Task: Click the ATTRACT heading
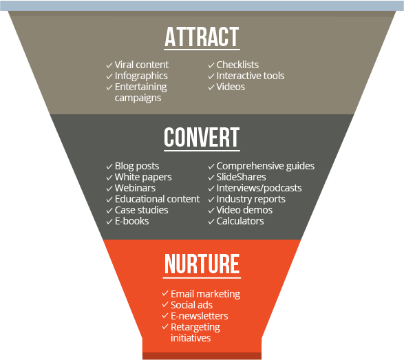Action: pos(202,37)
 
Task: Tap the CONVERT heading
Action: pos(202,138)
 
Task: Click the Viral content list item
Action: pos(142,65)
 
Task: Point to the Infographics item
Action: pos(141,76)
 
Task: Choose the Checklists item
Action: pos(237,65)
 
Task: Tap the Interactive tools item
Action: pos(251,76)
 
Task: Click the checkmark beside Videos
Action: pos(211,87)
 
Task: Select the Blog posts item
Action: pos(137,166)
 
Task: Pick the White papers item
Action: pos(143,178)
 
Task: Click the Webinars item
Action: pos(136,188)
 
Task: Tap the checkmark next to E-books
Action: pos(109,222)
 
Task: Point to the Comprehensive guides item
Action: pos(266,166)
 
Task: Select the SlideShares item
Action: pos(241,177)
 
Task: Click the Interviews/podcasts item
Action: pos(259,188)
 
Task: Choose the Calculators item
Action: pos(240,221)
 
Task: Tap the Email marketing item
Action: pos(205,294)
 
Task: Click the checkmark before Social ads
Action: pos(165,305)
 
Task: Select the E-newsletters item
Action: pos(200,316)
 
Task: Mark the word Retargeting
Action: pos(195,327)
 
